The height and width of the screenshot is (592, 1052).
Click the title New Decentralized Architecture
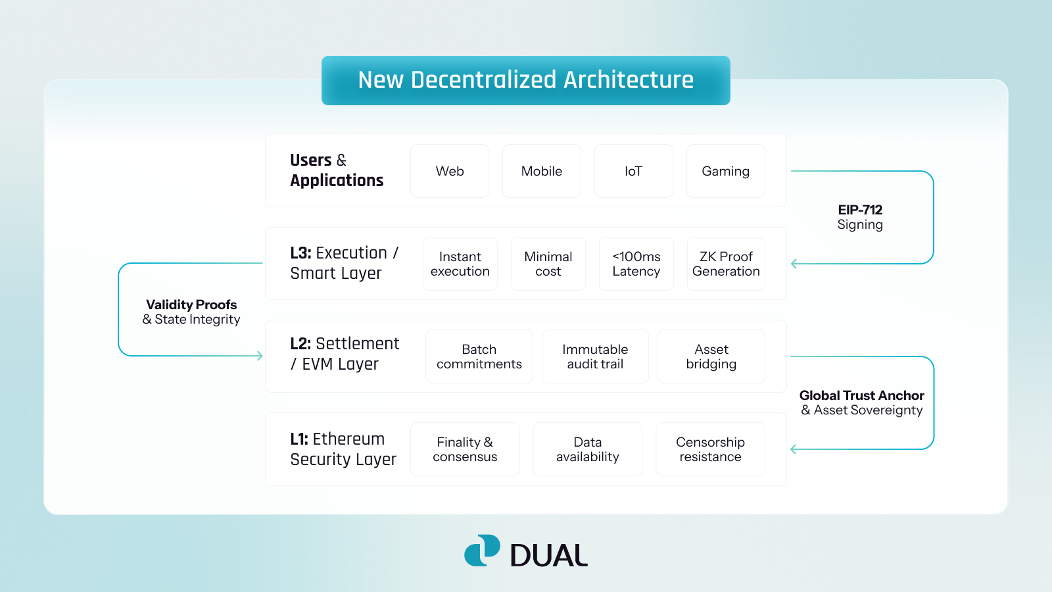pos(525,80)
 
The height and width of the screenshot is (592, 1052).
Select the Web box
pos(450,171)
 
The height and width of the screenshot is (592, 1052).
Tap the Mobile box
pos(542,171)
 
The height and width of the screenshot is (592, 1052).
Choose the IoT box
pos(633,171)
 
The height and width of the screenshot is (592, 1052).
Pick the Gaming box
pos(725,171)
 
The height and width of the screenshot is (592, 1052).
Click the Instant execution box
pos(460,264)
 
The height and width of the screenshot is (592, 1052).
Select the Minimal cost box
pos(548,264)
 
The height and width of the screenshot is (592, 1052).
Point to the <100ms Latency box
pos(636,264)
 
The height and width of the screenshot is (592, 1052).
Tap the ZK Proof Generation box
pos(726,264)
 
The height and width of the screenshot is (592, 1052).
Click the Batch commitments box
pos(479,357)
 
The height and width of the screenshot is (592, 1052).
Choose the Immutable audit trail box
pos(595,357)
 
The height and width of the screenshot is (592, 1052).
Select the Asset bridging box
pos(711,357)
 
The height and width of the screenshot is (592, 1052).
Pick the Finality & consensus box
pos(465,449)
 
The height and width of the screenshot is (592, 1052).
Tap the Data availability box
pos(587,449)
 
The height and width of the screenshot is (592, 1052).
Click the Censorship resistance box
pos(710,449)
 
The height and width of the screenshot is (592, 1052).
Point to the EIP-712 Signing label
pos(860,217)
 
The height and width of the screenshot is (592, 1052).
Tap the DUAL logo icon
pos(482,551)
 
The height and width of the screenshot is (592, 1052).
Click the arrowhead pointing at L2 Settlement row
pos(260,356)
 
